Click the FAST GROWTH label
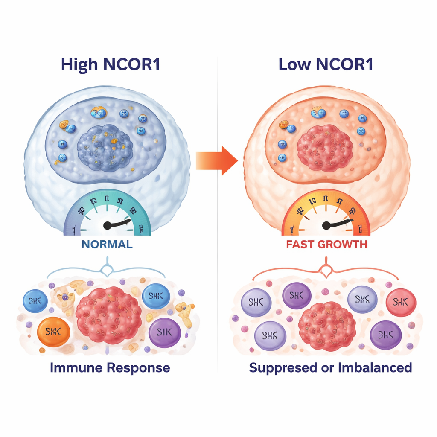tap(327, 245)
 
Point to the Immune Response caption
tap(110, 367)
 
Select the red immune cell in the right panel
tap(401, 303)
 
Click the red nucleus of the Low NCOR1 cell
tap(324, 148)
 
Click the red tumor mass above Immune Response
tap(108, 315)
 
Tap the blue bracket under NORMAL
tap(105, 269)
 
